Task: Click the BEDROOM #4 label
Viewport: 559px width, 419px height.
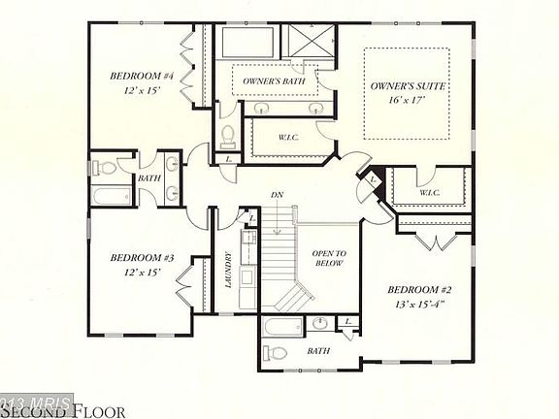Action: tap(141, 76)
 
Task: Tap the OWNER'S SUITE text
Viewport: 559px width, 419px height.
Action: tap(408, 86)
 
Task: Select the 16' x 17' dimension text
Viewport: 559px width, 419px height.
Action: tap(408, 101)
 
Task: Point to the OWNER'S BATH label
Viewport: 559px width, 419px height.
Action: tap(267, 81)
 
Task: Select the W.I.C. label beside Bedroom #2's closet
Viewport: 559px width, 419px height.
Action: tap(432, 193)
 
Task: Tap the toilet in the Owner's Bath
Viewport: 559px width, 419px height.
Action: tap(229, 132)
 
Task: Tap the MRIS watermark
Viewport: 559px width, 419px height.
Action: tap(36, 400)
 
